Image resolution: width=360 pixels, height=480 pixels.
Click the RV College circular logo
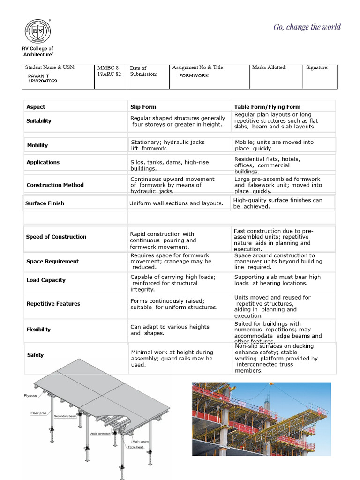(x=37, y=32)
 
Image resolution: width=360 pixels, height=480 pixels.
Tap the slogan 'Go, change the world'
(x=307, y=27)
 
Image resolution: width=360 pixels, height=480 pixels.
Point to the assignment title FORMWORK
(x=194, y=75)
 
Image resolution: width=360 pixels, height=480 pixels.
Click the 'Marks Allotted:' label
(x=269, y=68)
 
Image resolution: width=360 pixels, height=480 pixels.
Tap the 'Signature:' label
(x=317, y=68)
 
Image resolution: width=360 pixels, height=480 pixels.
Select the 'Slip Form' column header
(x=143, y=107)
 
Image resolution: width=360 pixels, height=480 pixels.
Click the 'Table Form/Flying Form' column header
(x=267, y=107)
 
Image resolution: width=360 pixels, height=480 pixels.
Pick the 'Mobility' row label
(x=37, y=145)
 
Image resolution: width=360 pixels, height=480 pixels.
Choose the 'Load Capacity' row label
(x=46, y=280)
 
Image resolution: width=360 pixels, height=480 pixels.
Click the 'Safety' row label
(x=35, y=355)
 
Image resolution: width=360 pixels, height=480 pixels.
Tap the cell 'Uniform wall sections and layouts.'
(x=176, y=203)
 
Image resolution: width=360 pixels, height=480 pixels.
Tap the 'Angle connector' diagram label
(x=100, y=434)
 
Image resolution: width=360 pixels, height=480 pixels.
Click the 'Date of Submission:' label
(x=143, y=71)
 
